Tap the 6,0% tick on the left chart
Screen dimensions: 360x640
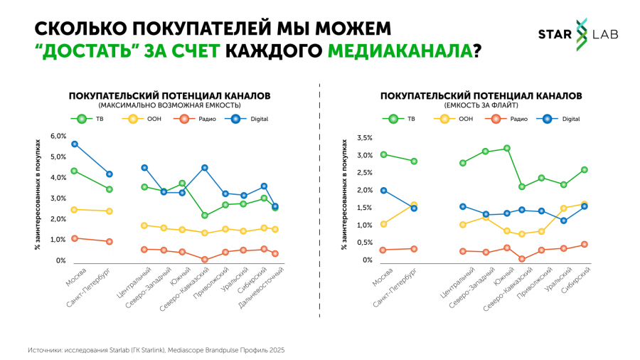click(58, 136)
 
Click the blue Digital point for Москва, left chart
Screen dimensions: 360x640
click(75, 144)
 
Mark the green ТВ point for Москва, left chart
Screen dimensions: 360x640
click(75, 171)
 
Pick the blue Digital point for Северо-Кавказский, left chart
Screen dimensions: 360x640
click(204, 168)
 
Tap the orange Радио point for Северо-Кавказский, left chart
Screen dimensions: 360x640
click(204, 260)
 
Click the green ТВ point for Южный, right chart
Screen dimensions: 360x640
click(507, 148)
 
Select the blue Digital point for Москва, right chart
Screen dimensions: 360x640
click(384, 191)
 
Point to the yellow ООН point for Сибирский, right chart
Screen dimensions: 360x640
click(585, 204)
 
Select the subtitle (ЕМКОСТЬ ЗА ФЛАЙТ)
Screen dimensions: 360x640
click(481, 105)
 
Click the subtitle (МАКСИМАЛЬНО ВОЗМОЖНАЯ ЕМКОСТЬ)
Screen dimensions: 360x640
click(169, 105)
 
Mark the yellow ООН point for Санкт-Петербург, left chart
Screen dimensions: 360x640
click(110, 211)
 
